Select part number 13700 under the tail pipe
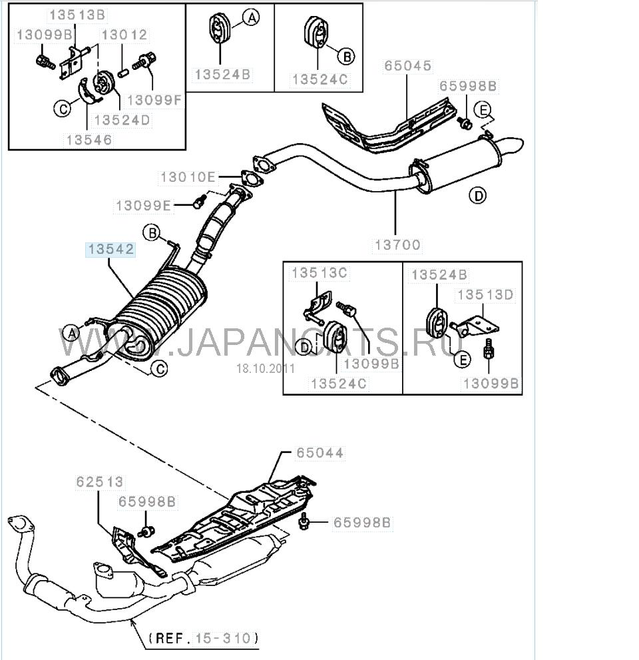[397, 245]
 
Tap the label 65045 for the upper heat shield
[407, 66]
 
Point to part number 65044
[321, 453]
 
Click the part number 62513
[99, 481]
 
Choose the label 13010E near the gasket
[188, 177]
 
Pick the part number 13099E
[144, 206]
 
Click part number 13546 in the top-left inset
[89, 141]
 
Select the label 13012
[124, 35]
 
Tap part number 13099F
[154, 101]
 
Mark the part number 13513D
[483, 294]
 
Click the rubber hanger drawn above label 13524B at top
[218, 30]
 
